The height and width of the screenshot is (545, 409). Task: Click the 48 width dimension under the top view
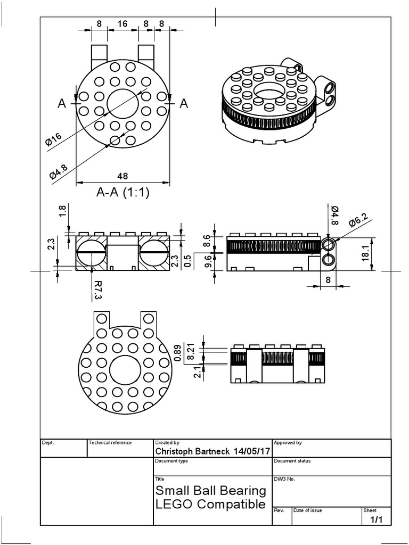[122, 176]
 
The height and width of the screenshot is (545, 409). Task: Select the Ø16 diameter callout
[54, 140]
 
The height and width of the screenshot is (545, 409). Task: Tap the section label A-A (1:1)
[122, 193]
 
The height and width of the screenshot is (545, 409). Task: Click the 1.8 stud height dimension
[63, 211]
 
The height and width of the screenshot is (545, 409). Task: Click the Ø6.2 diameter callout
[358, 219]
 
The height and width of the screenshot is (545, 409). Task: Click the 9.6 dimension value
[208, 262]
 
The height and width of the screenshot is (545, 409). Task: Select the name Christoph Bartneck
[192, 451]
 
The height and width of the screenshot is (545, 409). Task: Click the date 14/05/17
[251, 451]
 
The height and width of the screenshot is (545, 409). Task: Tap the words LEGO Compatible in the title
[210, 503]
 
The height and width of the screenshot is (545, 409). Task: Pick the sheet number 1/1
[376, 519]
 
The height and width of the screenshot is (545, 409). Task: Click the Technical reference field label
[110, 442]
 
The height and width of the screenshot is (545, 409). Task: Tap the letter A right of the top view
[184, 104]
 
